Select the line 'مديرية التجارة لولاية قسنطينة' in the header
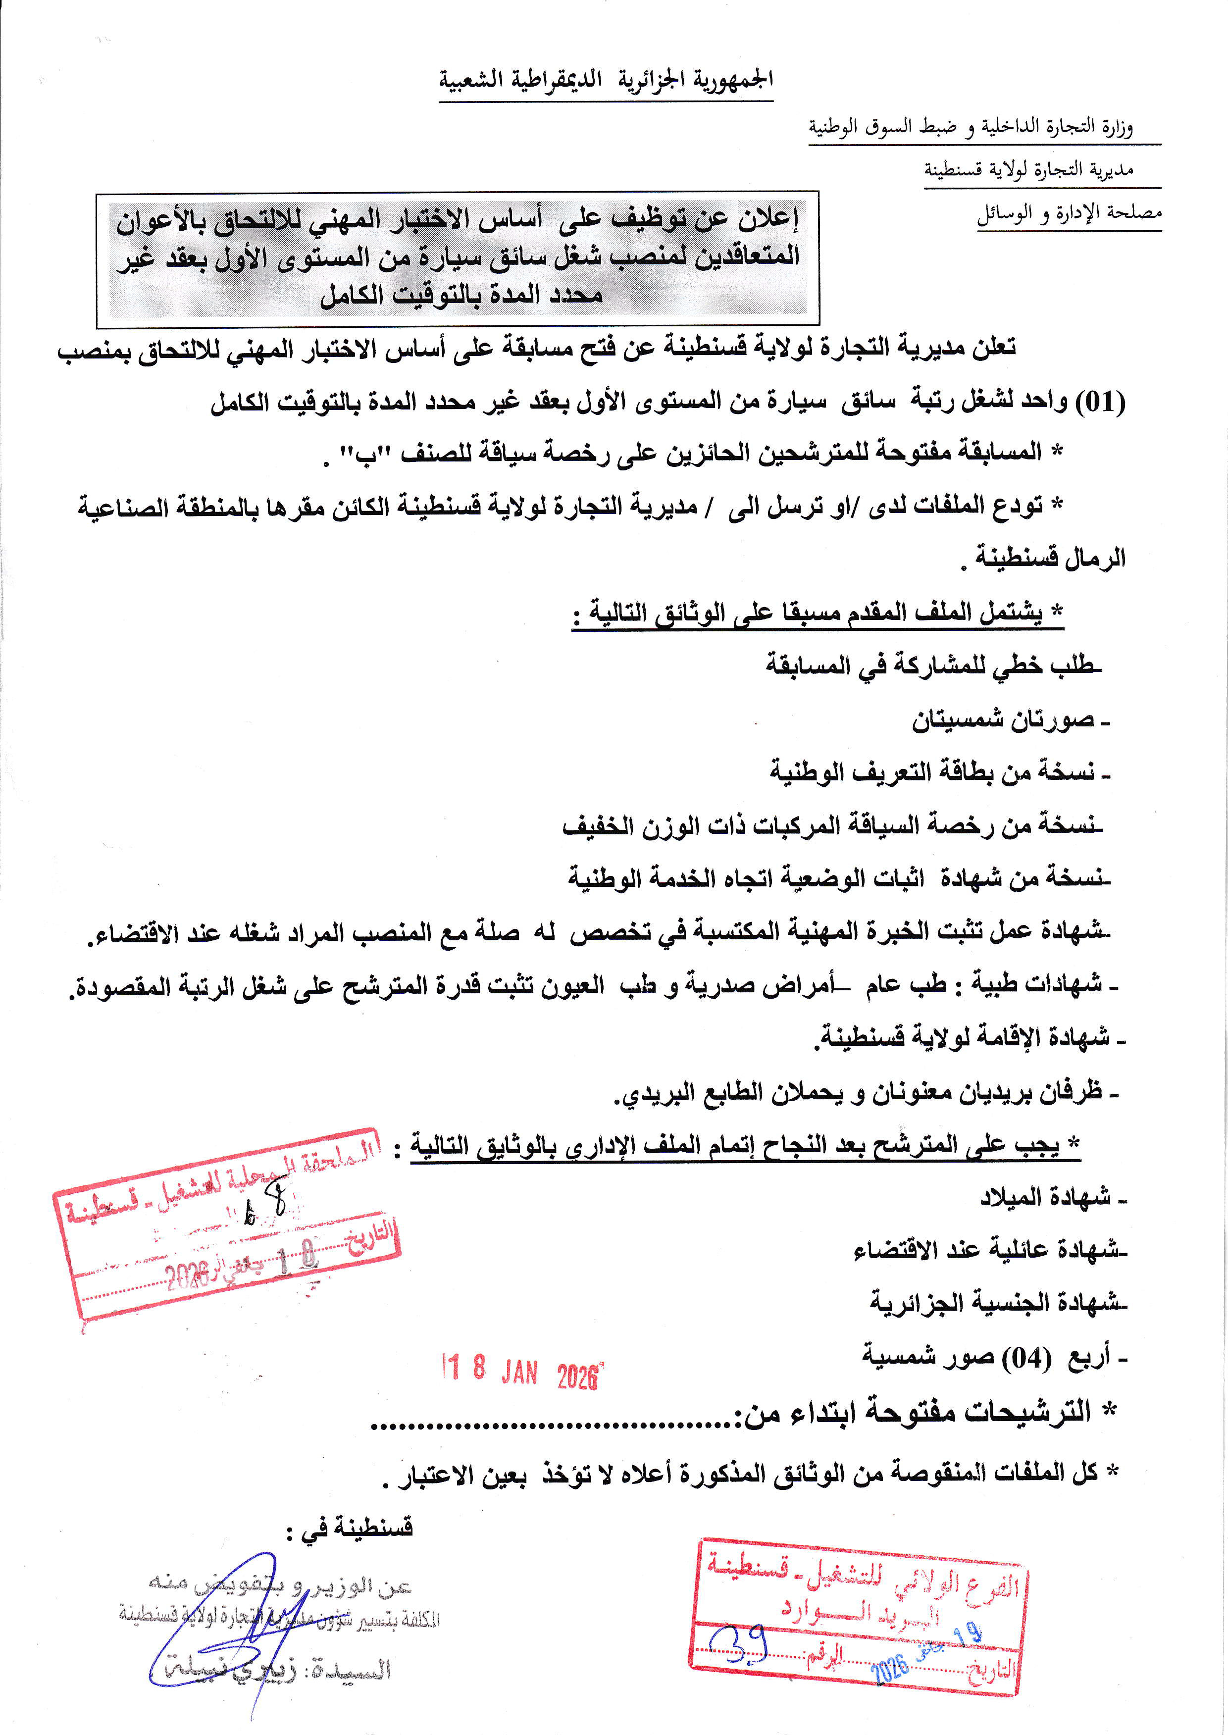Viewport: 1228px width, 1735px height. tap(1028, 169)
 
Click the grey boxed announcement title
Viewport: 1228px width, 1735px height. tap(458, 257)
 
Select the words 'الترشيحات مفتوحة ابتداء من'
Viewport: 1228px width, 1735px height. tap(915, 1412)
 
